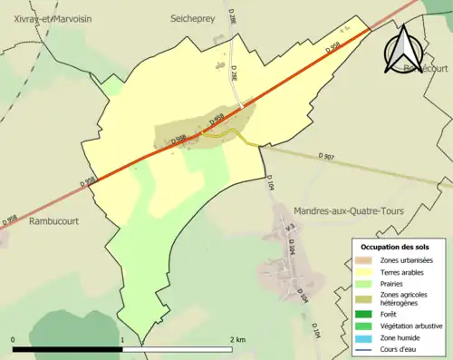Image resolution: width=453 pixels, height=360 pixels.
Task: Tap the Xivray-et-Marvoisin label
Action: tap(41, 18)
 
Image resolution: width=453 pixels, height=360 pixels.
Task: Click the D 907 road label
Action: tap(327, 158)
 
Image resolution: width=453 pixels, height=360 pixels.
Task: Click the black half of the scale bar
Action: tap(68, 348)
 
